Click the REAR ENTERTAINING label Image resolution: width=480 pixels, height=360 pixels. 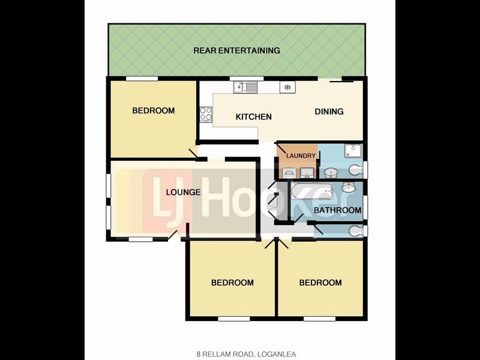click(236, 50)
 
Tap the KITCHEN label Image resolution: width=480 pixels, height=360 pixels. click(253, 116)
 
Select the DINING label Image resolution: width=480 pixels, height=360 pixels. click(329, 112)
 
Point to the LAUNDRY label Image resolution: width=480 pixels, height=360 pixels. click(301, 155)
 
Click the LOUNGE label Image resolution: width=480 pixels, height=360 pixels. click(183, 192)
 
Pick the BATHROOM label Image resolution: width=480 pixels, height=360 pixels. click(337, 210)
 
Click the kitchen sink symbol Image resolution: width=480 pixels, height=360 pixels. click(245, 87)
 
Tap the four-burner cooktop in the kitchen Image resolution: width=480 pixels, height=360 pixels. click(206, 113)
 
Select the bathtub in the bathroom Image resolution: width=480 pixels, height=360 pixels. click(312, 191)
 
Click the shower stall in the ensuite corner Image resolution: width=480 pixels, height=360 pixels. click(353, 151)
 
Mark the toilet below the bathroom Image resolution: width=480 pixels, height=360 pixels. click(356, 230)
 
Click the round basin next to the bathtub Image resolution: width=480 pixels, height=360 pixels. click(349, 187)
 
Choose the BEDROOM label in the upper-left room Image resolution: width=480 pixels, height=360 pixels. click(154, 110)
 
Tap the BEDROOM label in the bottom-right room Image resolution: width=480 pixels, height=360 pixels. click(320, 282)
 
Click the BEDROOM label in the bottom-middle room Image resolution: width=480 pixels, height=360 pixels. click(232, 282)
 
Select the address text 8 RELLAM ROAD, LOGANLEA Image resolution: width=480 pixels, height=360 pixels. click(246, 354)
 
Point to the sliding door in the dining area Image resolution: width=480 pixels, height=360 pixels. click(341, 81)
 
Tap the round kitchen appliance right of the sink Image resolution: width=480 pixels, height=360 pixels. click(287, 87)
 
